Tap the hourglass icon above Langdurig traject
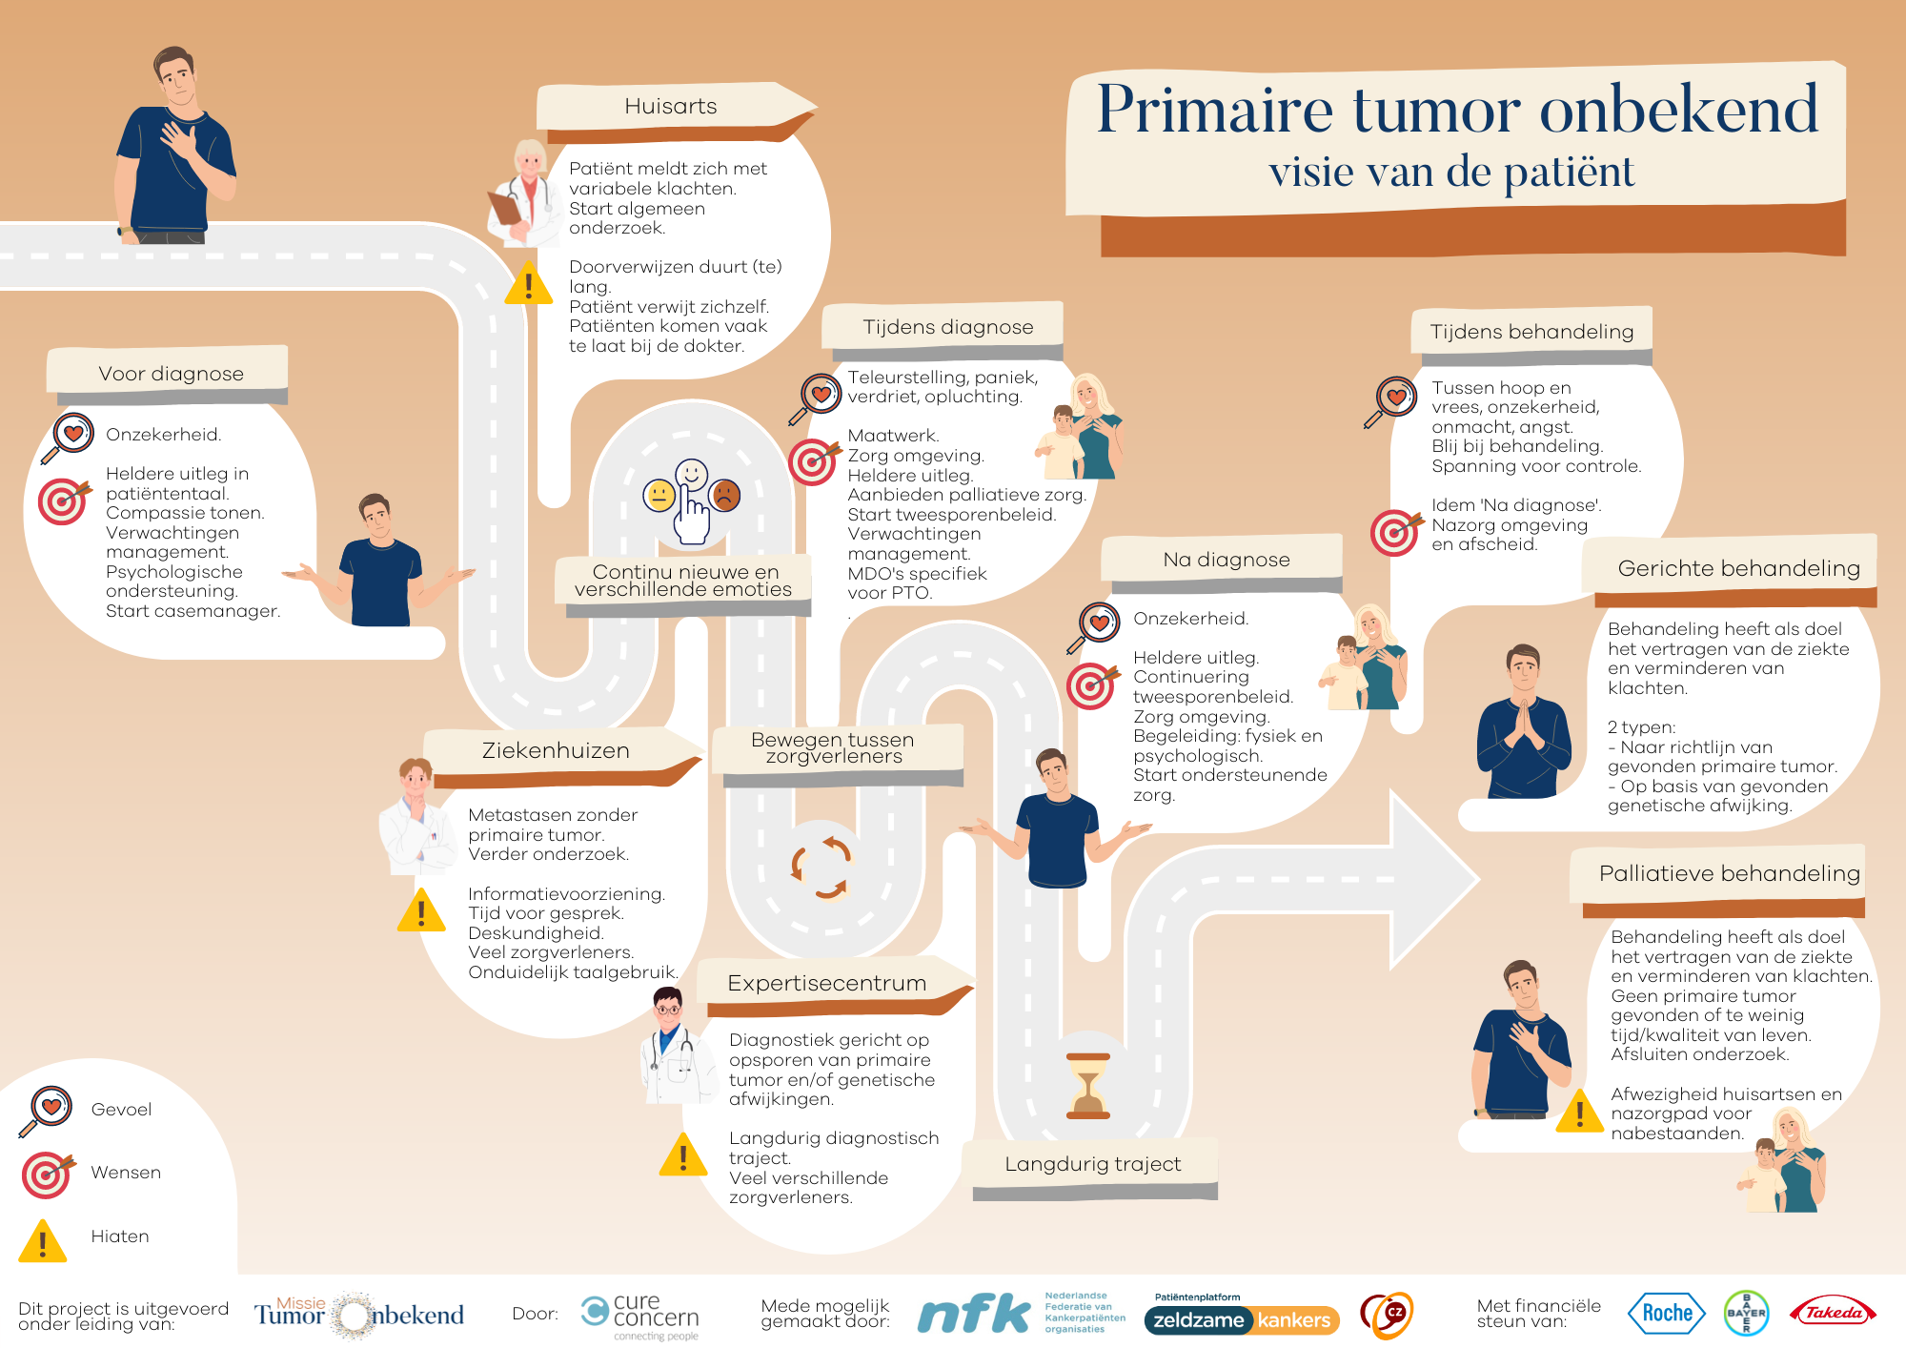pyautogui.click(x=1087, y=1085)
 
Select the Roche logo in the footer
pyautogui.click(x=1667, y=1314)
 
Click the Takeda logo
pyautogui.click(x=1834, y=1313)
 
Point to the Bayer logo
pyautogui.click(x=1746, y=1314)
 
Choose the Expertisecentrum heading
pyautogui.click(x=826, y=983)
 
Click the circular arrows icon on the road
pyautogui.click(x=821, y=867)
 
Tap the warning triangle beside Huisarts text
pyautogui.click(x=528, y=283)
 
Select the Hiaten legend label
pyautogui.click(x=120, y=1236)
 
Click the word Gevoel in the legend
pyautogui.click(x=121, y=1110)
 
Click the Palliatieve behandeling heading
pyautogui.click(x=1729, y=873)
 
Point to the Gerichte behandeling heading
pyautogui.click(x=1738, y=568)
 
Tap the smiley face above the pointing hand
pyautogui.click(x=692, y=474)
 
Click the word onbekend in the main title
pyautogui.click(x=1679, y=109)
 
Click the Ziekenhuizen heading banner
pyautogui.click(x=556, y=750)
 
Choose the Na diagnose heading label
pyautogui.click(x=1226, y=560)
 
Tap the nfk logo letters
pyautogui.click(x=973, y=1314)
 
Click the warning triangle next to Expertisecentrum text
pyautogui.click(x=683, y=1154)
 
